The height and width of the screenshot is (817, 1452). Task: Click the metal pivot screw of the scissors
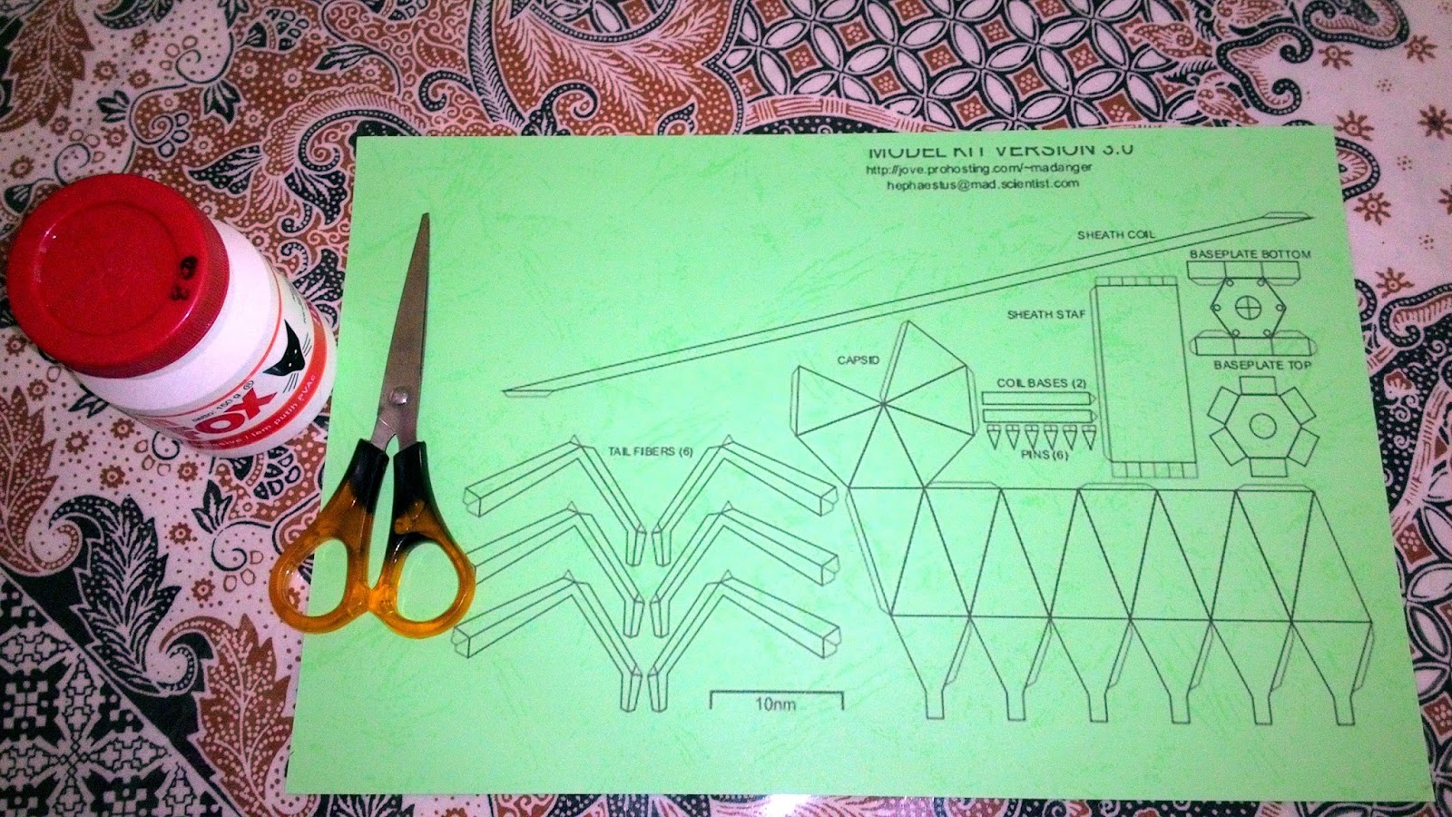396,396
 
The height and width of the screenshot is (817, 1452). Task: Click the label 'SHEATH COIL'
1116,235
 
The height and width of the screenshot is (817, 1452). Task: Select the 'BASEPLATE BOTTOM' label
1250,254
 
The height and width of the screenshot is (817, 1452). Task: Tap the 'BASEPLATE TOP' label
1262,365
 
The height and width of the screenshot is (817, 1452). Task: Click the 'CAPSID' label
858,360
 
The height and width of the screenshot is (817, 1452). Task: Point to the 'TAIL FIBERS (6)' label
652,450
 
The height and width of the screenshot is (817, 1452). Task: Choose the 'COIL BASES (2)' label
1042,383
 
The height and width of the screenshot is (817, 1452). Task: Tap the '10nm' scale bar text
776,704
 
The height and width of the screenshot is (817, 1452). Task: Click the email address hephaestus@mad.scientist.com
983,183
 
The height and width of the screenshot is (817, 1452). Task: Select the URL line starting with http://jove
979,168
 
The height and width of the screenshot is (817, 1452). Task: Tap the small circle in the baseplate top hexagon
1261,424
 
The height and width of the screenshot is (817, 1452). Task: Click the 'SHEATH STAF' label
1045,315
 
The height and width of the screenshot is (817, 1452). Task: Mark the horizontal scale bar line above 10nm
776,693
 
